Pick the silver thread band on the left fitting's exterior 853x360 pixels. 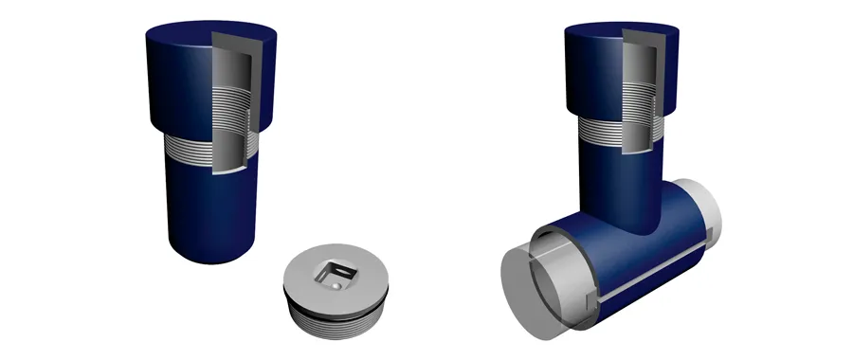pos(185,146)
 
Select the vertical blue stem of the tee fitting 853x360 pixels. pos(616,185)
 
